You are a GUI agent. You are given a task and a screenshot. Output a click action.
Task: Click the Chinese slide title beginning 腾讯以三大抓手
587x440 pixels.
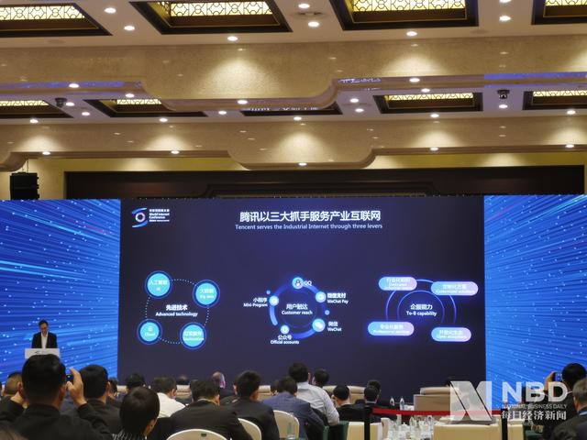click(x=298, y=217)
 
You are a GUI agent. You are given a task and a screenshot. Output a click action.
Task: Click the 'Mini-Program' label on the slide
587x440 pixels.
click(x=255, y=303)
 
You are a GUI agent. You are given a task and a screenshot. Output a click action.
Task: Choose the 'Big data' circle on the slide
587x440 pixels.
click(x=207, y=292)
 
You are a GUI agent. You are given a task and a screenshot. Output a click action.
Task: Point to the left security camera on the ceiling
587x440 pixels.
click(x=61, y=101)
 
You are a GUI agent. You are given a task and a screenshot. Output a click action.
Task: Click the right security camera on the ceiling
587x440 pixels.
click(x=503, y=93)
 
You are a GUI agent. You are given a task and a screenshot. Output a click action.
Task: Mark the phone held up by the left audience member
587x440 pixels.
click(x=69, y=376)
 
